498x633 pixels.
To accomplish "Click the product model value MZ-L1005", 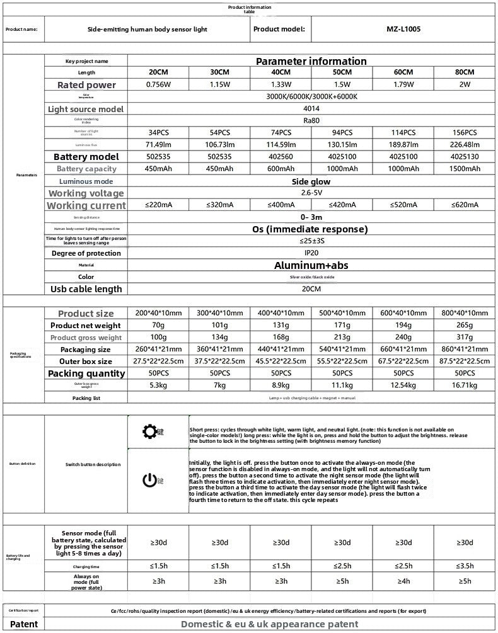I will tap(403, 29).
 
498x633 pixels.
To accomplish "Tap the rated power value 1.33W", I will tap(281, 84).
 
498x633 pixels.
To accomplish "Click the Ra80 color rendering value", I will tap(311, 120).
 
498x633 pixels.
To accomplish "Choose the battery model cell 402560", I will tap(281, 156).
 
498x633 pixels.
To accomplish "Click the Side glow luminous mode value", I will tap(311, 181).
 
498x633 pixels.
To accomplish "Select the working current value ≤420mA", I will tap(342, 205).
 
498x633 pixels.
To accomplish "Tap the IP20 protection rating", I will tap(311, 253).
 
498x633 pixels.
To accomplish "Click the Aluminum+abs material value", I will tap(311, 266).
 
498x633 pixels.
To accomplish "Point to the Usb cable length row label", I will tap(86, 289).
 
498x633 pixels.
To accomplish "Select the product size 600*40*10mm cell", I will tap(403, 313).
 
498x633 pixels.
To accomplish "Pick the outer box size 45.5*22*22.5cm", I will tap(281, 361).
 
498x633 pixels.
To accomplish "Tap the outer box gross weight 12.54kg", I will tap(403, 385).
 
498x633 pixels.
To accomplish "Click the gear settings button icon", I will tap(149, 431).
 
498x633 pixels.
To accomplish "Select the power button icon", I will tap(149, 481).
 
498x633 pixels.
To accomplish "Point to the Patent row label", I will tap(24, 624).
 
